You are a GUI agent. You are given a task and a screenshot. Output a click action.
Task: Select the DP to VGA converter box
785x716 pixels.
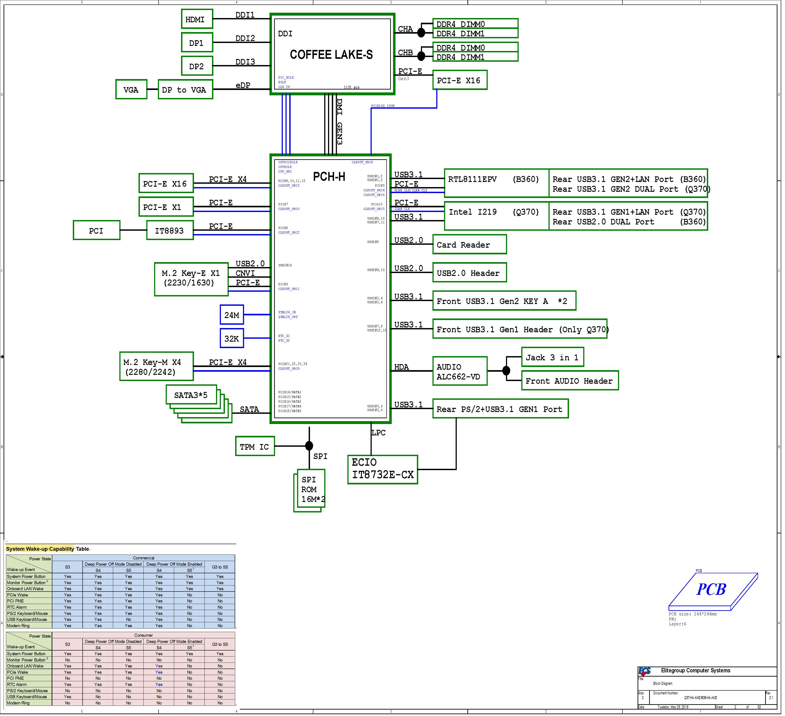coord(185,90)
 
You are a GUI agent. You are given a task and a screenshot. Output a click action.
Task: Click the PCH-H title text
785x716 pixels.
coord(329,177)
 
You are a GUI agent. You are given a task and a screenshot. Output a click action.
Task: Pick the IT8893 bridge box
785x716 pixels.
coord(170,231)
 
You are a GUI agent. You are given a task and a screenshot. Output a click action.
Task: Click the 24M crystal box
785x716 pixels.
coord(232,315)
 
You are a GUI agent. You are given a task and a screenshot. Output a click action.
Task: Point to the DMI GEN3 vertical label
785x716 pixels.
coord(339,121)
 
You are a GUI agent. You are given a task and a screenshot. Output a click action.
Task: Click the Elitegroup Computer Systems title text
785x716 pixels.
coord(695,670)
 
